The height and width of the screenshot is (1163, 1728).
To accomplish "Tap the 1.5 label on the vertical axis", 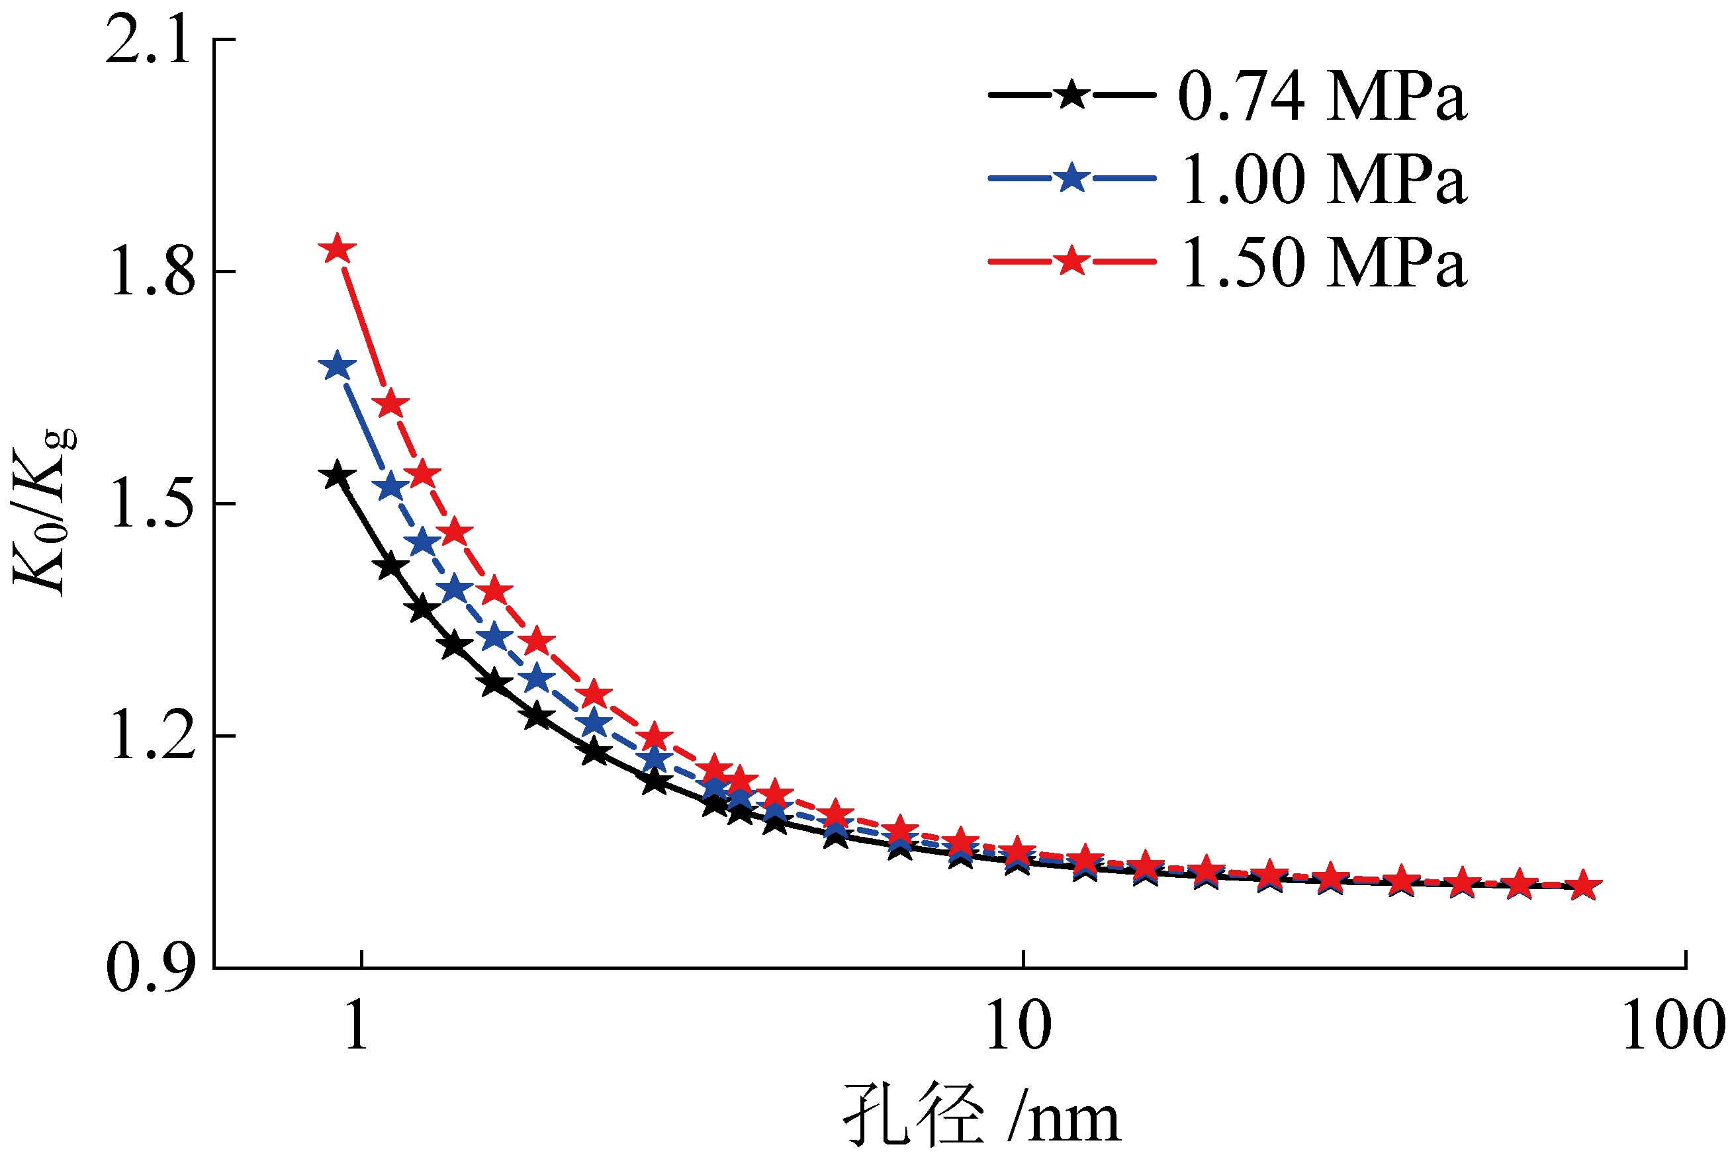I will click(x=152, y=507).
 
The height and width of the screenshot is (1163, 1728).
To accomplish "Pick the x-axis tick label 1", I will click(x=357, y=1027).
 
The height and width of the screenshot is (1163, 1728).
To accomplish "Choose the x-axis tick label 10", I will click(x=1018, y=1027).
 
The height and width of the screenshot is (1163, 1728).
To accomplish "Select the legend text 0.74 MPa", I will click(x=1322, y=97).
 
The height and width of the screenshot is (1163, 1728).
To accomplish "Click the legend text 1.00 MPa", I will click(x=1322, y=179).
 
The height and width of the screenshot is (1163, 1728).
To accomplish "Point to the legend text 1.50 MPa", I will click(x=1322, y=263).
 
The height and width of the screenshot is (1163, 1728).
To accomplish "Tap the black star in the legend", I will click(x=1071, y=95).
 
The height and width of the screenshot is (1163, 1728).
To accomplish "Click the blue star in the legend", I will click(x=1071, y=178).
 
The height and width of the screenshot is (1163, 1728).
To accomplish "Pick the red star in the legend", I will click(x=1071, y=261).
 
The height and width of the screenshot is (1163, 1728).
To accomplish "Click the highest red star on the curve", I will click(x=338, y=249).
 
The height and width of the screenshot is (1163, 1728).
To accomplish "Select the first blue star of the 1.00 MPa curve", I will click(x=338, y=366).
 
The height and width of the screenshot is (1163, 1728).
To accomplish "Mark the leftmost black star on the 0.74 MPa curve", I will click(x=338, y=476).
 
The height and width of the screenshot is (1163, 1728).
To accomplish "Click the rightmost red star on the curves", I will click(x=1583, y=886).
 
